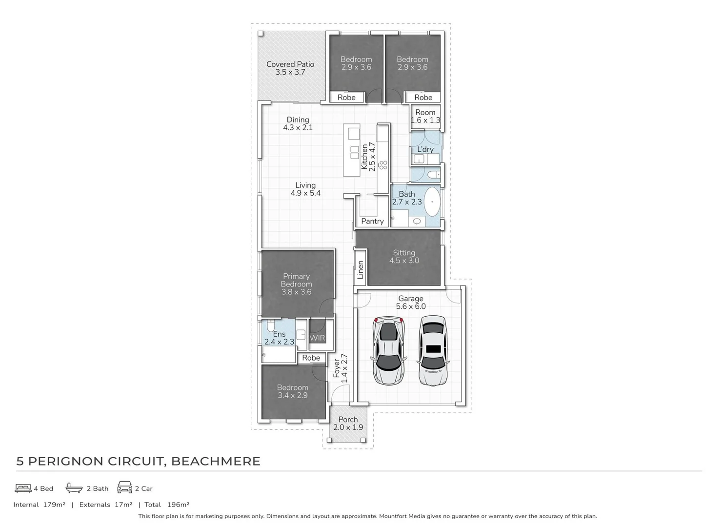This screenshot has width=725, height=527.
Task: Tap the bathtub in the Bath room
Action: [432, 202]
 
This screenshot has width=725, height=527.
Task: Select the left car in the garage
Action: [388, 350]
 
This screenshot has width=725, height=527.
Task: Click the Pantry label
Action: [372, 221]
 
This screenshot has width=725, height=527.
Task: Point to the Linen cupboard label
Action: [361, 269]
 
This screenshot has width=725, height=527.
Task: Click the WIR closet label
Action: [317, 338]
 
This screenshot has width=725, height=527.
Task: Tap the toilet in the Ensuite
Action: [270, 325]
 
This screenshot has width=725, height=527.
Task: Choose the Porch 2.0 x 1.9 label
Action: [348, 423]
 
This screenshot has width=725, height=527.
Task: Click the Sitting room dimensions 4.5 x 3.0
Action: [404, 261]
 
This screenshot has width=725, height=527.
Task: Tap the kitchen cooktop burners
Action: [383, 165]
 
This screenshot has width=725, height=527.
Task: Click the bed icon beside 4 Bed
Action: [23, 488]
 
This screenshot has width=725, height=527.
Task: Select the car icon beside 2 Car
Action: [124, 487]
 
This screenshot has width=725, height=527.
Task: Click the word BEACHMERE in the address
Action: [216, 461]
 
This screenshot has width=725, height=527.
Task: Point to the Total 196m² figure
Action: [167, 505]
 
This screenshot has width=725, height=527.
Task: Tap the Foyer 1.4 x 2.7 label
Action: [340, 368]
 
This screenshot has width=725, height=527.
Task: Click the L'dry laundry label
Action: [425, 149]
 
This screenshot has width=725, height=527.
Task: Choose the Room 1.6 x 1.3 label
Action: [425, 116]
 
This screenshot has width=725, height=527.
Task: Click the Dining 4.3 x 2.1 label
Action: [298, 123]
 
